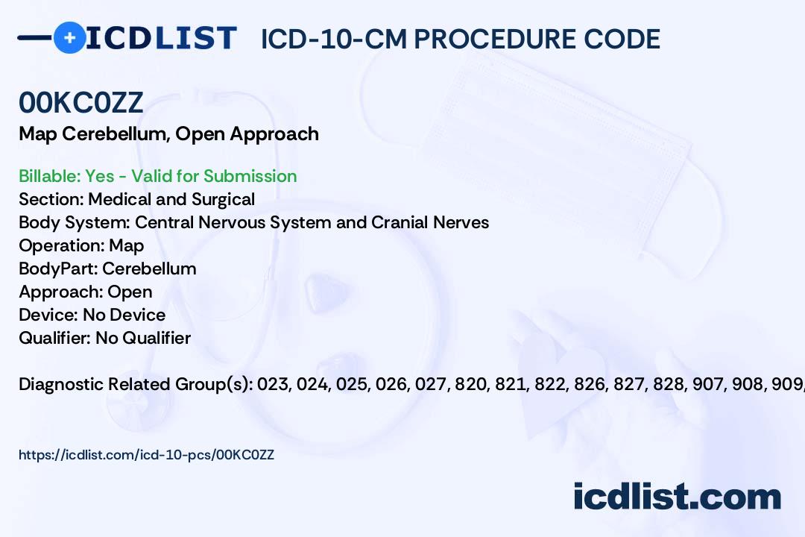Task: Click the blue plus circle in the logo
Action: click(69, 37)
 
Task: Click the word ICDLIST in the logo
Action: click(161, 38)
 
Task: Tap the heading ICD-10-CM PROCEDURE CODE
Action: click(461, 39)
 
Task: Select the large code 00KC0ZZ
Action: click(80, 102)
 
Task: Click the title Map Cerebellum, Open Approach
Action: click(169, 134)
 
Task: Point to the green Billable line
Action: click(157, 176)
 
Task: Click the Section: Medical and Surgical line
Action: click(136, 199)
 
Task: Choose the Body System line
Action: click(253, 222)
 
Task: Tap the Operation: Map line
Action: click(81, 245)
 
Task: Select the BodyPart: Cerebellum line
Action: click(107, 268)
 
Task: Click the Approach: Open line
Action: click(85, 292)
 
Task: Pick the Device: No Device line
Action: click(92, 315)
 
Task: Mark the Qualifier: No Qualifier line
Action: click(105, 338)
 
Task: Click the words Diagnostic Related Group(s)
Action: click(136, 384)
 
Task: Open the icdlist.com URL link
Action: click(146, 455)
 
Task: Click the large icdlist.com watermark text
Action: click(677, 497)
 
